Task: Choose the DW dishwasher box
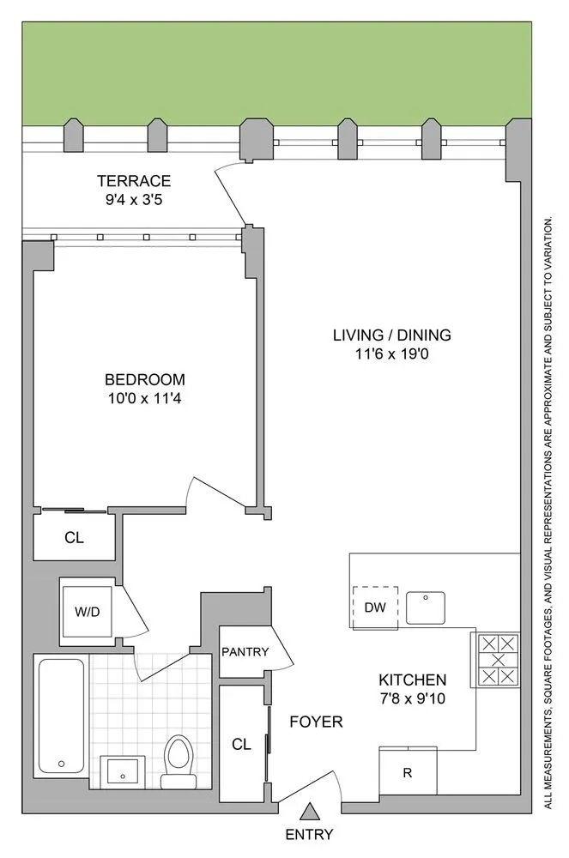click(375, 607)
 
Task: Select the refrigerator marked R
click(409, 771)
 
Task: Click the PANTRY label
click(245, 652)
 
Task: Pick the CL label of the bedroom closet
click(75, 539)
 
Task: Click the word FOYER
click(316, 722)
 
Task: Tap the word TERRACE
click(134, 180)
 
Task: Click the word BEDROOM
click(144, 379)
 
